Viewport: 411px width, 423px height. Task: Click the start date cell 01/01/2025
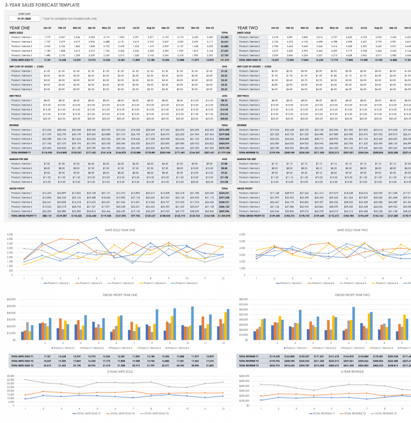click(x=23, y=19)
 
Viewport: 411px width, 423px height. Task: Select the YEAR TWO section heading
click(x=248, y=28)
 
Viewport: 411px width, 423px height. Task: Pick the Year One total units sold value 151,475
click(x=224, y=60)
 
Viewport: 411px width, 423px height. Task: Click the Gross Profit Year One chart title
click(x=121, y=295)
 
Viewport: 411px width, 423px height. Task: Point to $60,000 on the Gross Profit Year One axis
click(x=10, y=300)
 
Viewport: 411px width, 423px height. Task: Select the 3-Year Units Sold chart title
click(x=121, y=372)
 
